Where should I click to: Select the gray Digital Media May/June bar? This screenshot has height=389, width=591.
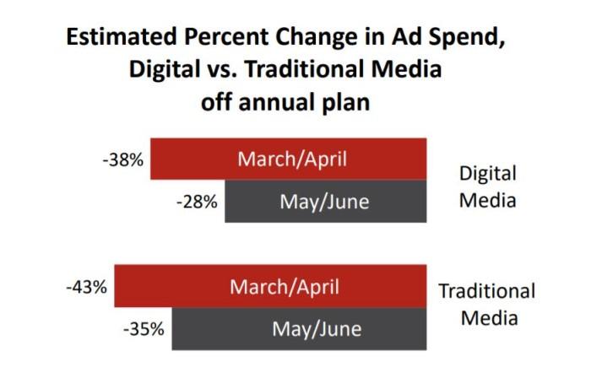click(325, 203)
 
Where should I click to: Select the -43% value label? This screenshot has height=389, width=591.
click(87, 286)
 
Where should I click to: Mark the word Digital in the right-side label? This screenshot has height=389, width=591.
click(487, 173)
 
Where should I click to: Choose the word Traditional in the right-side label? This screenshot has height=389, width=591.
click(487, 292)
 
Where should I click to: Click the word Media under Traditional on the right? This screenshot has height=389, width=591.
click(487, 320)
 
